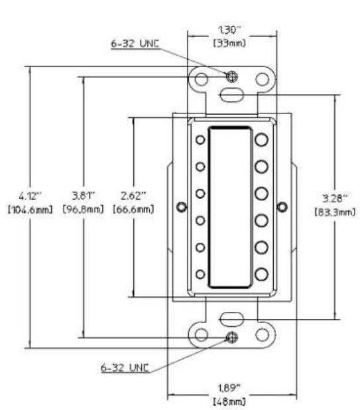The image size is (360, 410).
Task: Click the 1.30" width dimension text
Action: click(229, 30)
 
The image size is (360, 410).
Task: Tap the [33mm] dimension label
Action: click(229, 43)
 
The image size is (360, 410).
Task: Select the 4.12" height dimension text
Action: click(30, 196)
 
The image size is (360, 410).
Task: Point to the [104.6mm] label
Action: click(30, 210)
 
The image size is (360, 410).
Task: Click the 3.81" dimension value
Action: click(84, 195)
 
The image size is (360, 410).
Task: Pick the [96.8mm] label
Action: click(84, 209)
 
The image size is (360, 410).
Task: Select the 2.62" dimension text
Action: click(133, 195)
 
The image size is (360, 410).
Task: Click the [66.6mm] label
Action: click(133, 209)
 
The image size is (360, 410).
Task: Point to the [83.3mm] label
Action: click(335, 212)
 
